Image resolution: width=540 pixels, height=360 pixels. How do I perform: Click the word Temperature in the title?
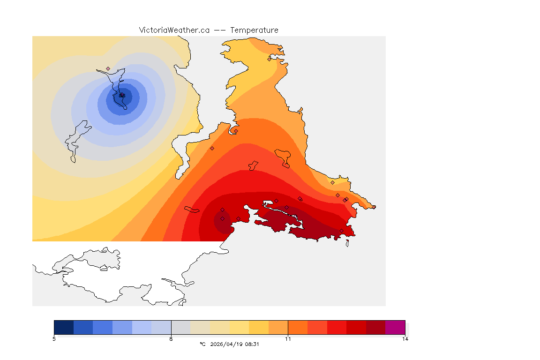pyautogui.click(x=254, y=30)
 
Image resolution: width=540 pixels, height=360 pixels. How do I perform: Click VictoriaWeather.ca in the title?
pyautogui.click(x=174, y=30)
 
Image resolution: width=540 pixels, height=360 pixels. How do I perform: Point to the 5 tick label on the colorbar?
pyautogui.click(x=54, y=339)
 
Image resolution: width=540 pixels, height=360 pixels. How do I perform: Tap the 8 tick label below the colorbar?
pyautogui.click(x=171, y=339)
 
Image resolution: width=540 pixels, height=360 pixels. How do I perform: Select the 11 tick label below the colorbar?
pyautogui.click(x=288, y=339)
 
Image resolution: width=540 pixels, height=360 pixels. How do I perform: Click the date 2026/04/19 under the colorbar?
pyautogui.click(x=226, y=344)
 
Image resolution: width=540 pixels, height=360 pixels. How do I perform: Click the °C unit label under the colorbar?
pyautogui.click(x=202, y=344)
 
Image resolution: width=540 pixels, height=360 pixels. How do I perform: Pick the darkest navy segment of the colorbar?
pyautogui.click(x=64, y=327)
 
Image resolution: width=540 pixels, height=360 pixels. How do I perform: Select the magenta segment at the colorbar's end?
pyautogui.click(x=395, y=327)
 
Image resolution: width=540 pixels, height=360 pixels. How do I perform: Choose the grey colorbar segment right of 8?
pyautogui.click(x=180, y=327)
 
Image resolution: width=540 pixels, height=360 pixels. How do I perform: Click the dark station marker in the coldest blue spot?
pyautogui.click(x=122, y=95)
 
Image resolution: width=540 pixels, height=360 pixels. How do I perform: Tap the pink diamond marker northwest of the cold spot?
pyautogui.click(x=108, y=68)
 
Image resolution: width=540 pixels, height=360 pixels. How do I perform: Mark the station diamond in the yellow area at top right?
pyautogui.click(x=269, y=59)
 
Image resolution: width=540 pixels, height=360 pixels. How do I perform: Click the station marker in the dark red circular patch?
pyautogui.click(x=222, y=218)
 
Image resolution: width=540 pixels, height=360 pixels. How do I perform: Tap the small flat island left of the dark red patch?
pyautogui.click(x=192, y=210)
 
